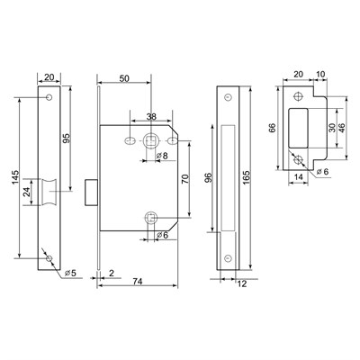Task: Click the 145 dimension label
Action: (15, 177)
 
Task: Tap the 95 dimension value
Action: (67, 138)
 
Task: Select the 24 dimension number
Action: (27, 192)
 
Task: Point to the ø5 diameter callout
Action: (70, 273)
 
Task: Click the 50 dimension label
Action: (124, 78)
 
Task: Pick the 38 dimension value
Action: (151, 117)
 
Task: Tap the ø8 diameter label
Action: (162, 156)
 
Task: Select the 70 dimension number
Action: (185, 179)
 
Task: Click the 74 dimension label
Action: (138, 282)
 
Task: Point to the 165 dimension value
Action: (246, 178)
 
